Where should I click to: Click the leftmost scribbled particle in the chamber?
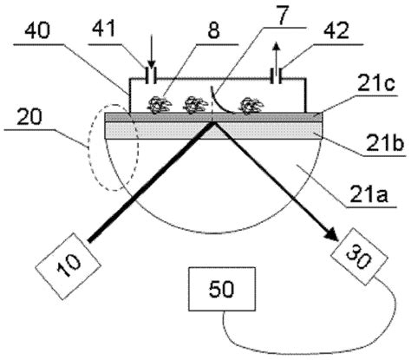click(x=159, y=105)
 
